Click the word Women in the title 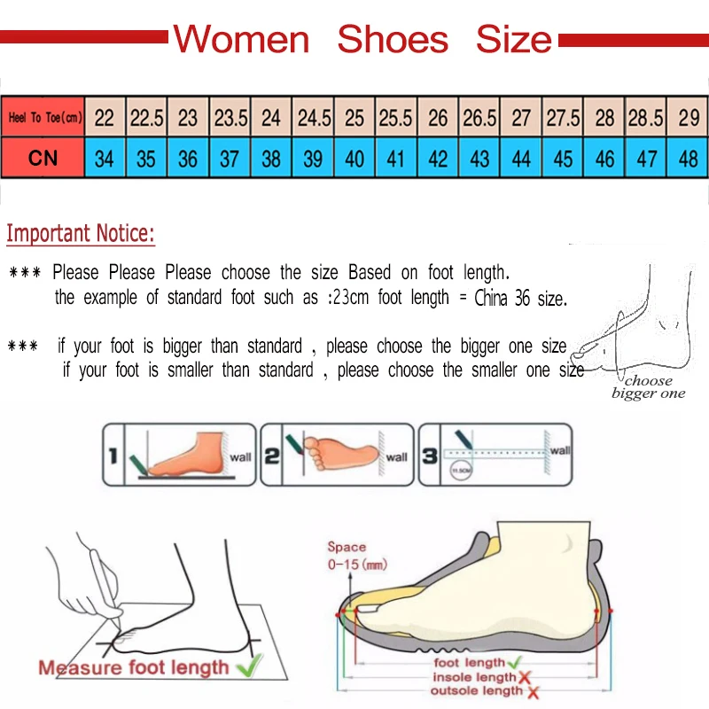[x=240, y=40]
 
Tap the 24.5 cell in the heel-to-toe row [x=314, y=118]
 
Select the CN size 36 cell [x=188, y=160]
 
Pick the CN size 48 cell [x=688, y=160]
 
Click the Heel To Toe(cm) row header [x=44, y=118]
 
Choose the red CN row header [x=43, y=160]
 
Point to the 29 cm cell [x=688, y=118]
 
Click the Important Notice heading [x=81, y=234]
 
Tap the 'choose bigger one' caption [x=648, y=387]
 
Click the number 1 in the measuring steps [x=113, y=457]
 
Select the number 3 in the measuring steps [x=428, y=456]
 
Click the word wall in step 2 [x=396, y=457]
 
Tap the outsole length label [x=478, y=690]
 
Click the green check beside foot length [x=514, y=663]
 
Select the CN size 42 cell [x=438, y=160]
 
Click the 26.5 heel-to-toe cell [x=479, y=118]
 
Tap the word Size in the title [x=513, y=40]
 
